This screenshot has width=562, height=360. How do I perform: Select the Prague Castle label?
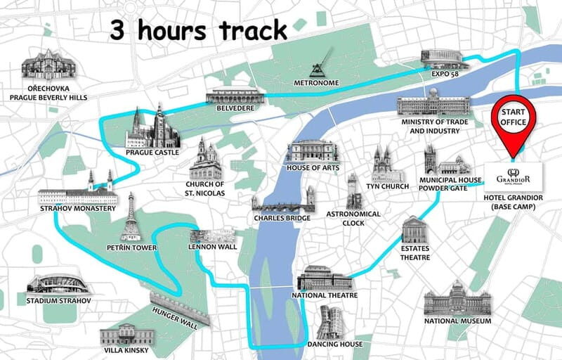[153, 153]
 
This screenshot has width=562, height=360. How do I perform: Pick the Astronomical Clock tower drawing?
[354, 191]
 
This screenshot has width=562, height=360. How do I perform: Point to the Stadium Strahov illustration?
[58, 283]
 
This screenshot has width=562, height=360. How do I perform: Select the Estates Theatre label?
[415, 253]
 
